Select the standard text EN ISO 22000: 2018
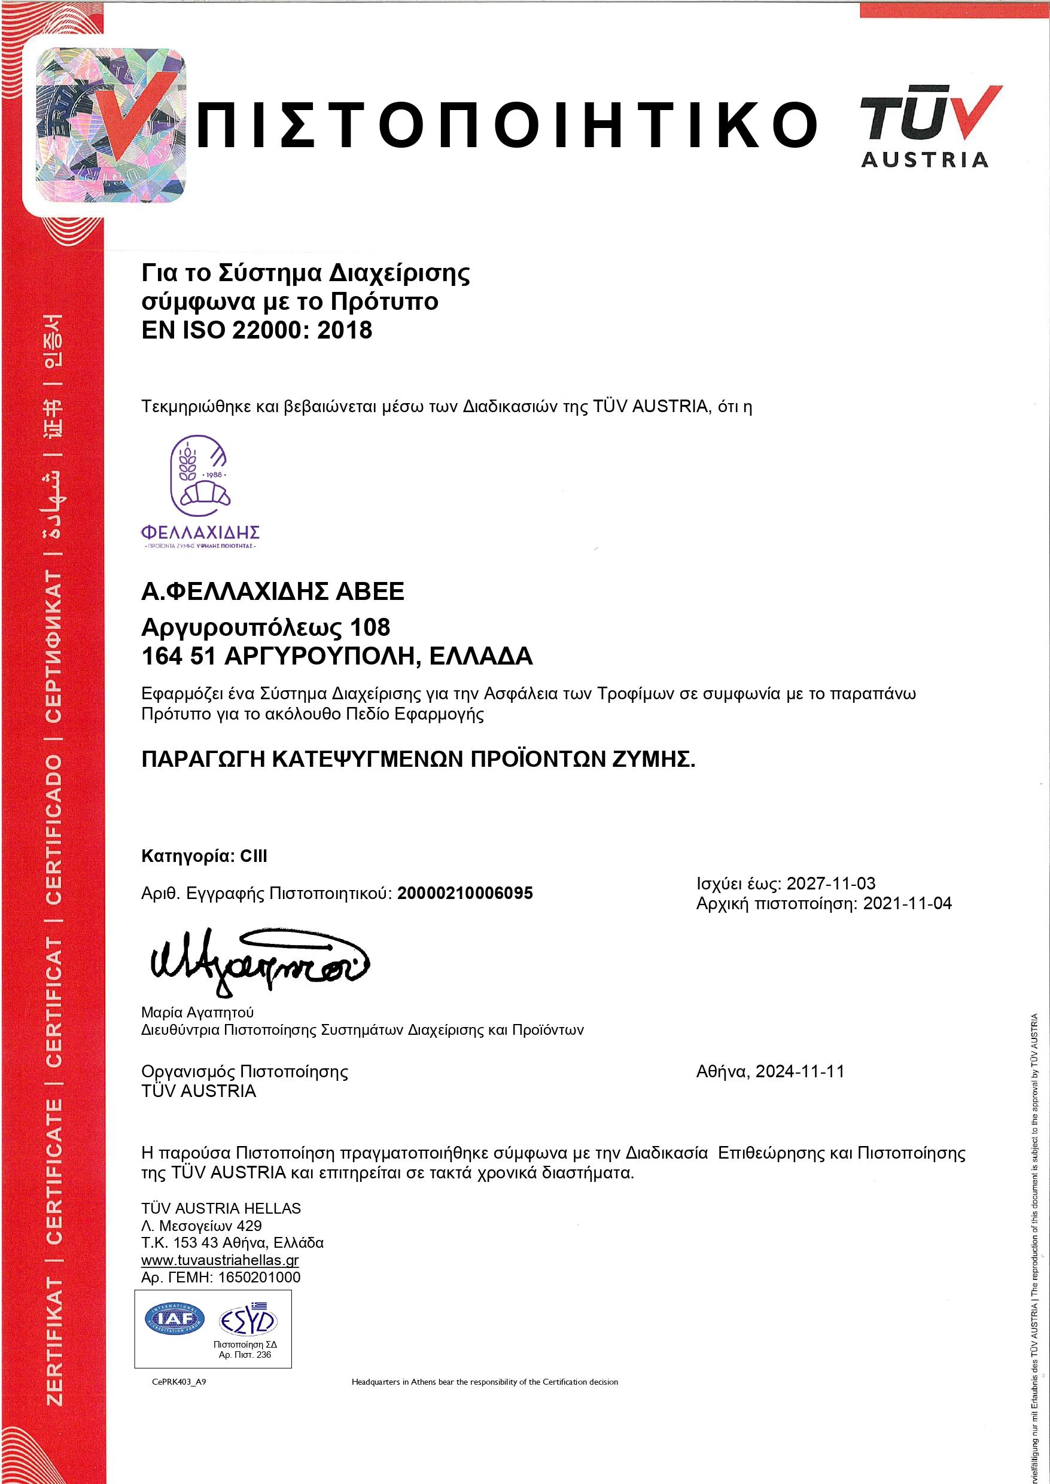coord(257,330)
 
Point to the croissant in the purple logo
coord(206,493)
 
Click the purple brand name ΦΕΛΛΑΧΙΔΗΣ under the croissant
coord(200,532)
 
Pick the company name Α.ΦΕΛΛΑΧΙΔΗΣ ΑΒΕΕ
coord(272,592)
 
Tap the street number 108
coord(370,627)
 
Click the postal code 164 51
coord(178,656)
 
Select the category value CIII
coord(254,857)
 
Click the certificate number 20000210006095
coord(465,893)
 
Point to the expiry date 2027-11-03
coord(831,883)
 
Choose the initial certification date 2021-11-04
coord(907,904)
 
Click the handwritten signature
coord(258,965)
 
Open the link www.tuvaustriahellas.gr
coord(220,1260)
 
